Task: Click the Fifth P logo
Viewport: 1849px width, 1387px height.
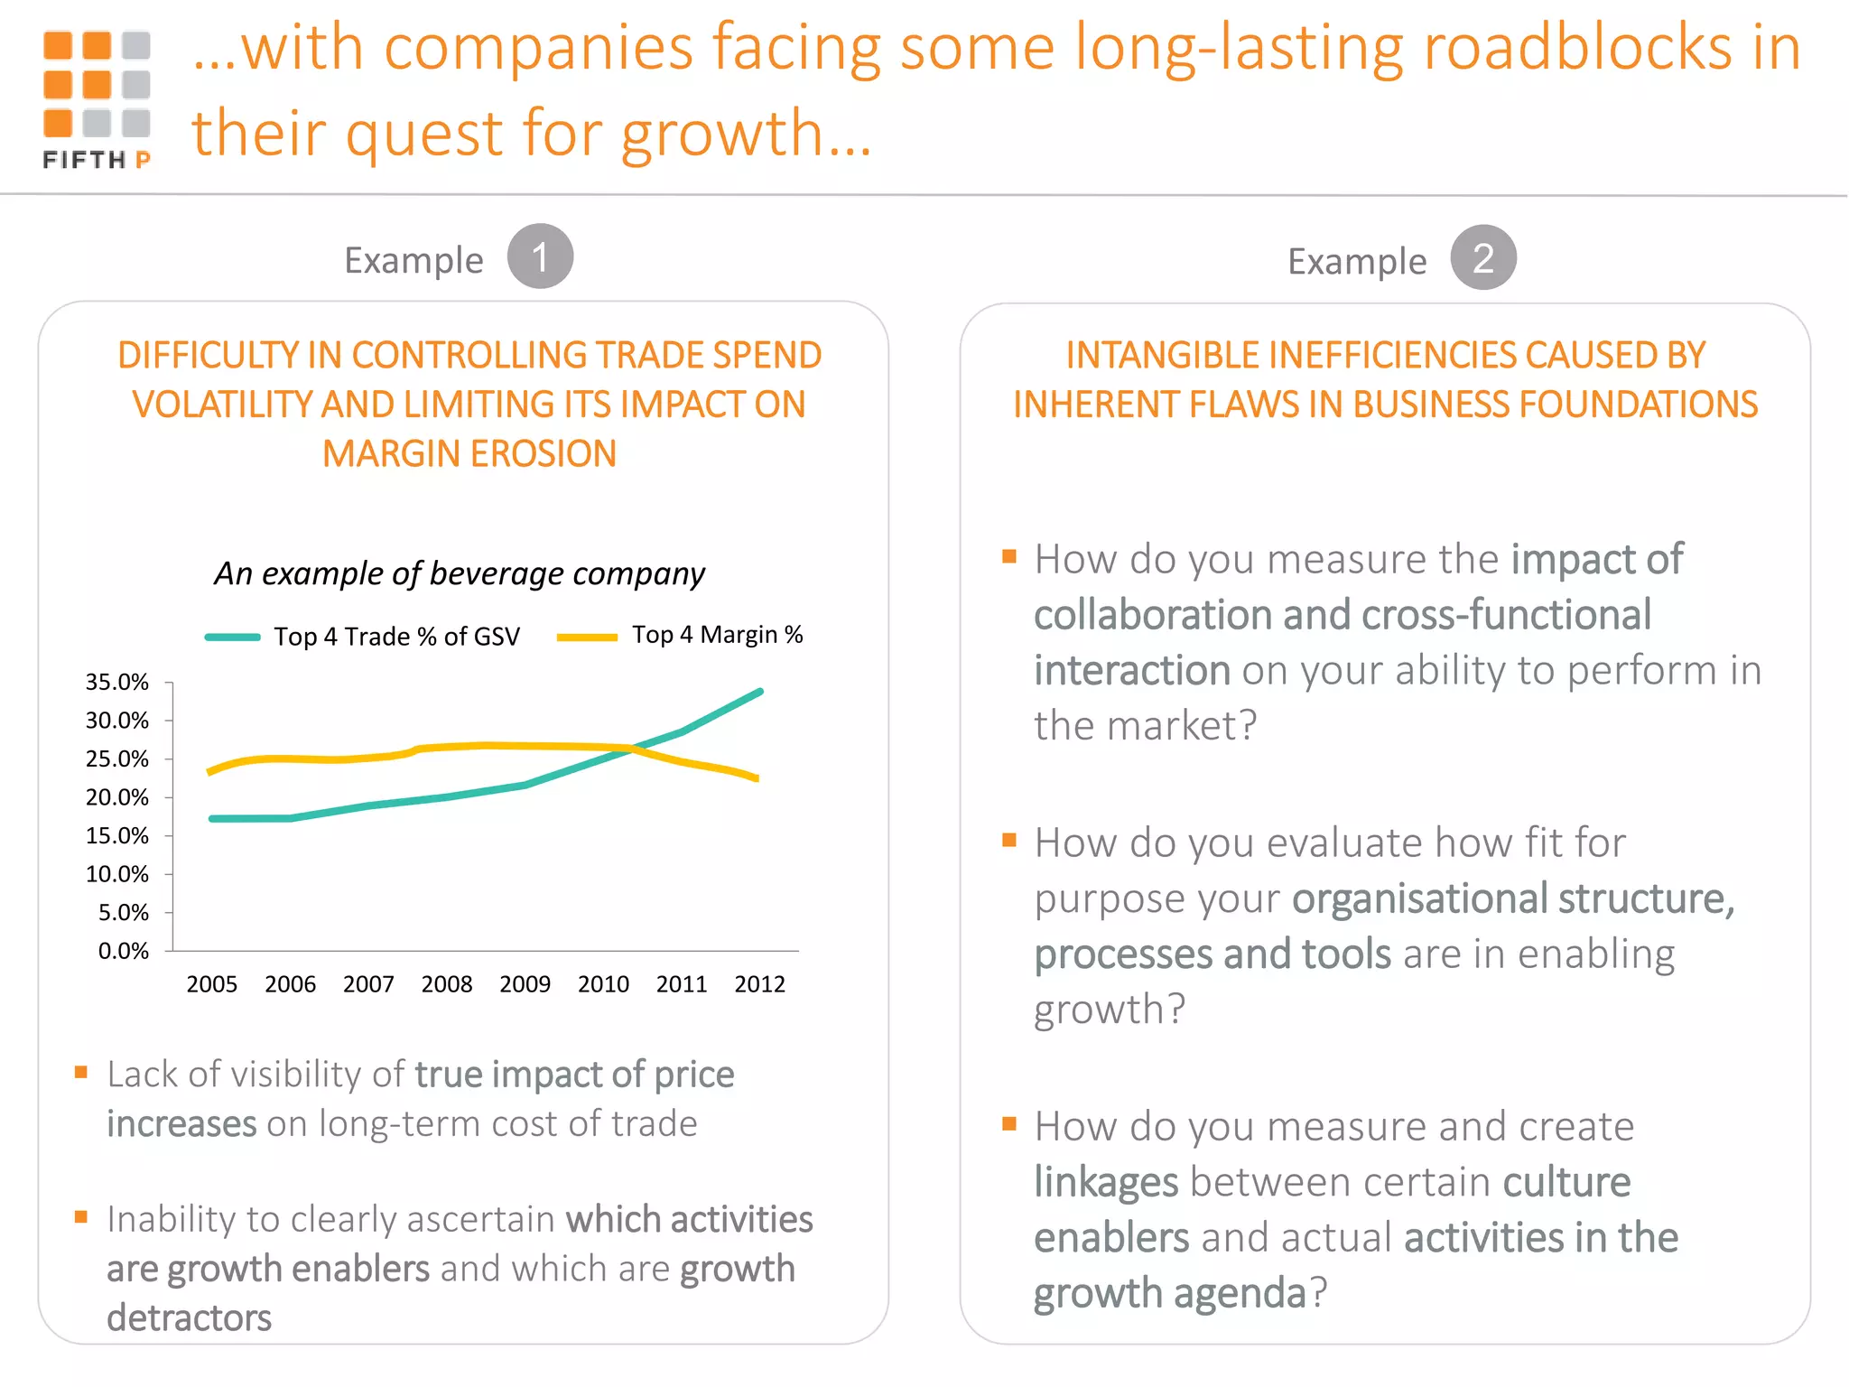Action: click(x=97, y=99)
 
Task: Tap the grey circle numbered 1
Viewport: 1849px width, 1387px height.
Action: click(x=540, y=256)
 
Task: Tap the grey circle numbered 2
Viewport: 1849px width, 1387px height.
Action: click(x=1483, y=258)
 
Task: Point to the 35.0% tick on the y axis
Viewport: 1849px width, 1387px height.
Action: click(x=117, y=683)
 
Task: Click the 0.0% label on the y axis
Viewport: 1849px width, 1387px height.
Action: click(x=124, y=951)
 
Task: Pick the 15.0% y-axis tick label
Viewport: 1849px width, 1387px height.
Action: click(x=117, y=836)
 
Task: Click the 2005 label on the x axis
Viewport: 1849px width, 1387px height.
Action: click(x=211, y=984)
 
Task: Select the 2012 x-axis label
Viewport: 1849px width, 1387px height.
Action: click(x=759, y=984)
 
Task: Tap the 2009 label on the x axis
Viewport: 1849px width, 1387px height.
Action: click(x=525, y=984)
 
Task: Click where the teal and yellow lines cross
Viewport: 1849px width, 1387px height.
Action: click(x=632, y=749)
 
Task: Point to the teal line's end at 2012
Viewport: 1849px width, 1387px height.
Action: click(x=760, y=692)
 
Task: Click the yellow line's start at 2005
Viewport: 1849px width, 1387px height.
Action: click(x=210, y=772)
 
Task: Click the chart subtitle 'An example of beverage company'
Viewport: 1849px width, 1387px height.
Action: click(x=460, y=573)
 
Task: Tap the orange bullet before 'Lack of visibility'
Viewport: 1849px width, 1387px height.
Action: click(x=81, y=1073)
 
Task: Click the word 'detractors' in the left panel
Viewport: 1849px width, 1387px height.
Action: click(x=189, y=1318)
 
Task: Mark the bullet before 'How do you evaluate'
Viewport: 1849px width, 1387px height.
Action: click(x=1009, y=841)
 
